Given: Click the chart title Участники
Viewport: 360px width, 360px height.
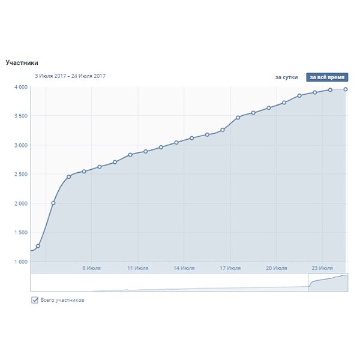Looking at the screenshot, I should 22,62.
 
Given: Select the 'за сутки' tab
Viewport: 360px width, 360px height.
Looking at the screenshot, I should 287,77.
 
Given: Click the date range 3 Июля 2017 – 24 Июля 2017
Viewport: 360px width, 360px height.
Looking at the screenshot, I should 70,76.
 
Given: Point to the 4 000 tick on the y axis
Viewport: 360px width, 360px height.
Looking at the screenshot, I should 20,87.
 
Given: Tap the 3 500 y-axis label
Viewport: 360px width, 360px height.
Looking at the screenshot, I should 20,116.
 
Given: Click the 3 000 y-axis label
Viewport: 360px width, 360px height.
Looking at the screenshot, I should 20,145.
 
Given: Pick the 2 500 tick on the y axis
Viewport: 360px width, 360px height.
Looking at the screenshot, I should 20,174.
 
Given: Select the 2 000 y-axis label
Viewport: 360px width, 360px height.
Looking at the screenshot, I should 20,203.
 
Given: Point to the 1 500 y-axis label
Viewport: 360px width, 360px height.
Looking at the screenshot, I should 20,232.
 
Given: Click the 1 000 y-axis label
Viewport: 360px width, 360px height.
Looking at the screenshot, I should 20,262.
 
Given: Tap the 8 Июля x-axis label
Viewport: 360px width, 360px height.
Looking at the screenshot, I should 91,268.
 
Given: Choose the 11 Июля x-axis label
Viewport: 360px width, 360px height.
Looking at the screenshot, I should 137,268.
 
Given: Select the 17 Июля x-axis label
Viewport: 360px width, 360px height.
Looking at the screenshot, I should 230,268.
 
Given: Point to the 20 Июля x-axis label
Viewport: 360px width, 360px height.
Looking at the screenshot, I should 277,268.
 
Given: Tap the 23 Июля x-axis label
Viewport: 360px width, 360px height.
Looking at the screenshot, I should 323,268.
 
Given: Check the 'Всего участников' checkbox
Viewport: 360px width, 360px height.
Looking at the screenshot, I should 35,299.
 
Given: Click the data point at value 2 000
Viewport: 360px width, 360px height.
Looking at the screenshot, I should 53,203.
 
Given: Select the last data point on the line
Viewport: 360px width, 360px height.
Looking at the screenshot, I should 346,89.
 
